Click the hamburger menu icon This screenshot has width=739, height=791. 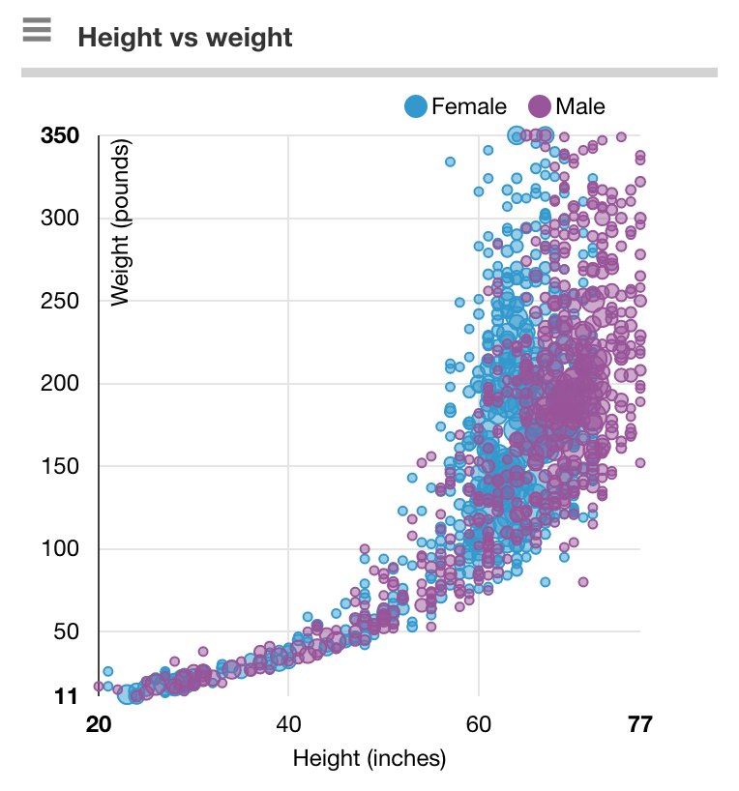click(x=37, y=31)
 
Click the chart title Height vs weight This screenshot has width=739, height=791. click(x=185, y=38)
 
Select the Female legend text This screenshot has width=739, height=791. click(x=469, y=106)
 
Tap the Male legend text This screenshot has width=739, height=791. click(x=580, y=106)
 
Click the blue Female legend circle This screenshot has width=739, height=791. click(x=416, y=106)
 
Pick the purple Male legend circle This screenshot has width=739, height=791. click(x=539, y=106)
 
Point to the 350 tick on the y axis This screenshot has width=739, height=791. click(x=60, y=136)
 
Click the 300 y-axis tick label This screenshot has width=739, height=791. click(x=60, y=220)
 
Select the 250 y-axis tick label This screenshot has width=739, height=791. click(x=60, y=302)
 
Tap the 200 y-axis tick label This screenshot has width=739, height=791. click(x=60, y=384)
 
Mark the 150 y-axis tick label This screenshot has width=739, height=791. click(x=60, y=467)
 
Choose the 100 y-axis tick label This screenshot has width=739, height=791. click(x=60, y=549)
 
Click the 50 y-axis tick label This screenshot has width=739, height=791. click(x=65, y=632)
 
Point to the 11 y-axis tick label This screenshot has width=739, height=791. click(x=66, y=696)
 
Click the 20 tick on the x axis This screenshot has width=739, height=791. click(x=98, y=725)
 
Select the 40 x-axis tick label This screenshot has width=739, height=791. click(x=288, y=725)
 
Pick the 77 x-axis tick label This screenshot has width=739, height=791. click(x=639, y=725)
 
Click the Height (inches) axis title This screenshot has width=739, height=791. click(x=369, y=758)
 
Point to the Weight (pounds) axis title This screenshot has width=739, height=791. click(x=121, y=223)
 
